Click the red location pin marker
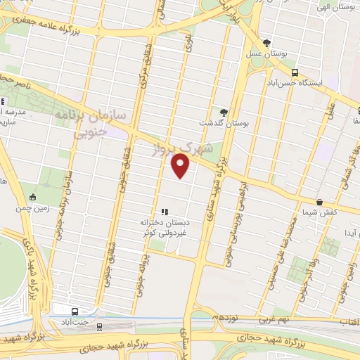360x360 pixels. [x=181, y=165]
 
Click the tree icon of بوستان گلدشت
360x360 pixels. [x=224, y=112]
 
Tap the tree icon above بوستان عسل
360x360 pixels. [x=266, y=42]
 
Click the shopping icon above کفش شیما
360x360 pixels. [x=320, y=202]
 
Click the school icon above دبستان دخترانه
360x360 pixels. [x=165, y=211]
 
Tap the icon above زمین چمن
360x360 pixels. [x=32, y=197]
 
